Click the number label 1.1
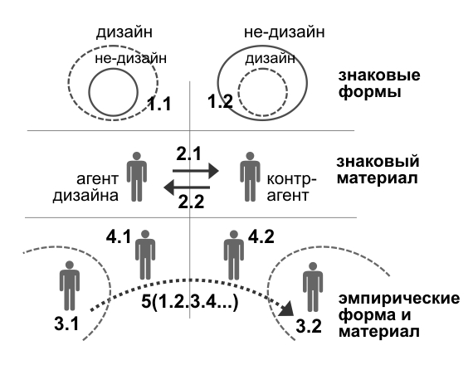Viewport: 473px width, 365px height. [159, 104]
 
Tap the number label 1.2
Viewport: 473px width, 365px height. [220, 101]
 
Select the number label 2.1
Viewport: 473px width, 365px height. [188, 153]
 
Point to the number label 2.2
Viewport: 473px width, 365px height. [191, 202]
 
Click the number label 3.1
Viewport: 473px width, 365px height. [66, 324]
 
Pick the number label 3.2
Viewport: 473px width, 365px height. [309, 326]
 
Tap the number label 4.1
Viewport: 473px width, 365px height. [119, 236]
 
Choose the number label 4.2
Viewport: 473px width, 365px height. [261, 236]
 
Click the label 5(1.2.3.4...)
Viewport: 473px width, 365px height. [190, 302]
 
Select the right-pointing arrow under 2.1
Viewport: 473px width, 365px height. [196, 171]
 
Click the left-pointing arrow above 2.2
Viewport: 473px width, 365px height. [187, 187]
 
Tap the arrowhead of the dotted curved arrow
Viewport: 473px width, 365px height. [286, 309]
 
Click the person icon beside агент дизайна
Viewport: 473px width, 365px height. [137, 177]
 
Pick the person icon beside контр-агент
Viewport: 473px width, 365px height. [250, 177]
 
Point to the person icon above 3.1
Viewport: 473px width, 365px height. [70, 285]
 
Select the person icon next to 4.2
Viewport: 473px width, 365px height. [234, 255]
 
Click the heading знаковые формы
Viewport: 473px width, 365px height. [379, 84]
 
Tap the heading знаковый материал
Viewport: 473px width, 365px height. [378, 169]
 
